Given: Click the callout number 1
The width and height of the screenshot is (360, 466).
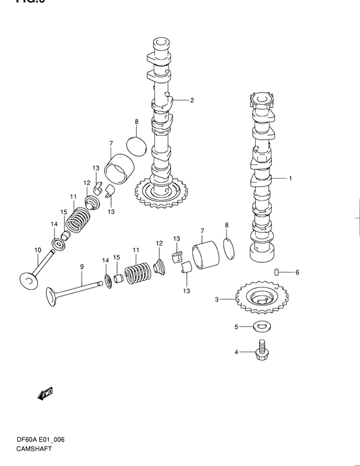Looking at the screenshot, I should tap(290, 178).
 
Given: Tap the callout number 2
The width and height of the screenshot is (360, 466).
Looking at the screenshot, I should tap(192, 100).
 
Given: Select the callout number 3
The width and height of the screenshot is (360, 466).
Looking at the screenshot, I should tap(217, 300).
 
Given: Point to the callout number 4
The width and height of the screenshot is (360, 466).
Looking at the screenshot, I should tap(236, 352).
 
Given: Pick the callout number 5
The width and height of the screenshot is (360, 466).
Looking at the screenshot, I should tap(236, 327).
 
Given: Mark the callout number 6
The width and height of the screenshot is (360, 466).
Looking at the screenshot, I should tap(298, 273).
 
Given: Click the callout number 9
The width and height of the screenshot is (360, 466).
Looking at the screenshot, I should tap(82, 266).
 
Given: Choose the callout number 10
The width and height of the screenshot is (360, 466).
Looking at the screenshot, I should tap(37, 249).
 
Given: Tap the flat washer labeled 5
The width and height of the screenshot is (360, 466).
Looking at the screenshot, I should tap(261, 327).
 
